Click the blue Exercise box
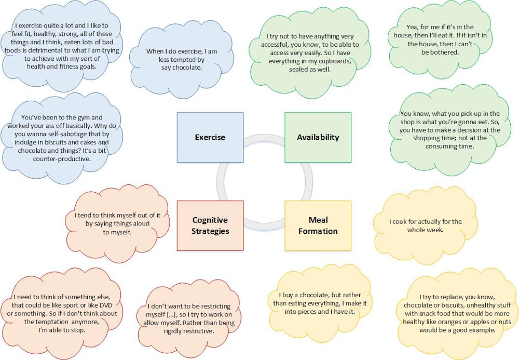pyautogui.click(x=210, y=137)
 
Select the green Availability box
pyautogui.click(x=318, y=137)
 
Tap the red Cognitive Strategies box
pyautogui.click(x=210, y=225)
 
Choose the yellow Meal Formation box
pyautogui.click(x=318, y=225)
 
